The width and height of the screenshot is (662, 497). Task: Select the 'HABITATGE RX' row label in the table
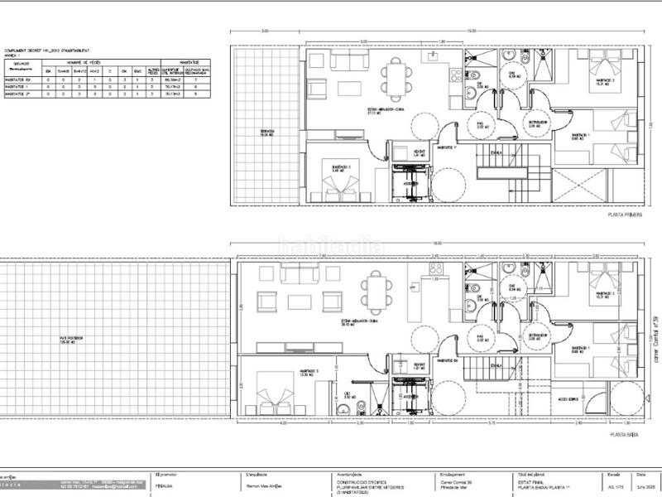(17, 80)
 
